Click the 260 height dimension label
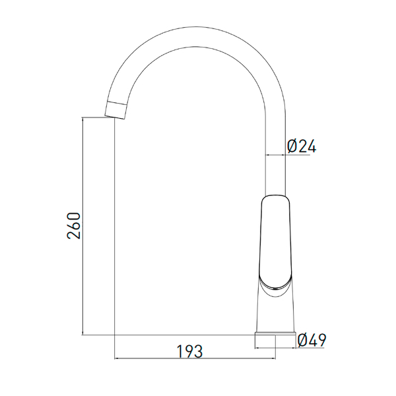click(73, 226)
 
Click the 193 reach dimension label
click(189, 351)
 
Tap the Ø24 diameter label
click(302, 146)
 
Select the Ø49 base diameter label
click(312, 340)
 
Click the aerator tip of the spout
click(115, 110)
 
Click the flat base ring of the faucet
click(275, 333)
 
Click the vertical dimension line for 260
click(82, 226)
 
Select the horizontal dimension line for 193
click(195, 358)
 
